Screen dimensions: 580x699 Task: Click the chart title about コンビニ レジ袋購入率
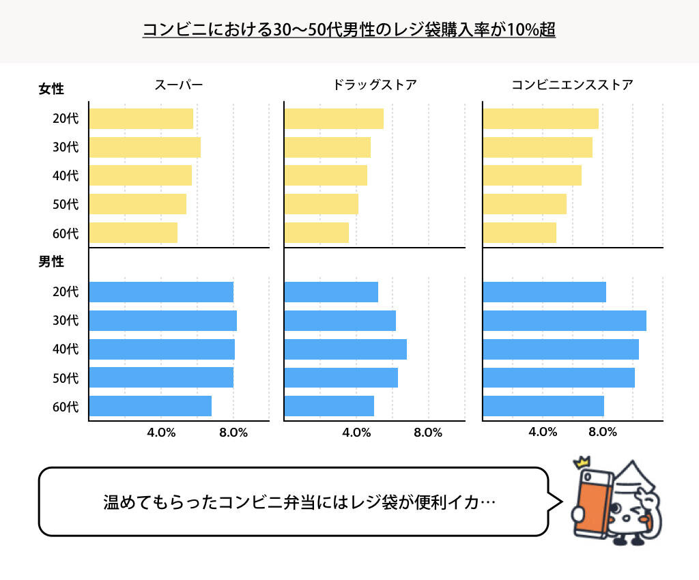click(x=349, y=31)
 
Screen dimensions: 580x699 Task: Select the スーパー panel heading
click(x=178, y=85)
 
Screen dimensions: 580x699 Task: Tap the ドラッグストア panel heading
click(x=374, y=85)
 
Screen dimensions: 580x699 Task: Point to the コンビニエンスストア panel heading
click(x=572, y=85)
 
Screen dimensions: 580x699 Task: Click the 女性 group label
click(x=51, y=89)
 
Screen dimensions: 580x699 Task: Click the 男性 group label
click(x=51, y=262)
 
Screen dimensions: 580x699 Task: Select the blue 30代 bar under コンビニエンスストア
click(x=564, y=321)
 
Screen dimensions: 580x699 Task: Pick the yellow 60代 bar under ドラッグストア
click(x=316, y=233)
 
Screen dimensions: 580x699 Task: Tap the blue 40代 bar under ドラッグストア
click(x=345, y=349)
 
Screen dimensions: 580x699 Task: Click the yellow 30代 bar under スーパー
click(x=145, y=147)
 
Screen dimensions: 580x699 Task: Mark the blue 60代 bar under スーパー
click(x=150, y=406)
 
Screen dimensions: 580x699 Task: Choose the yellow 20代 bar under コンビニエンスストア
click(x=541, y=119)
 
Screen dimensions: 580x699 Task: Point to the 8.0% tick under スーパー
click(x=233, y=433)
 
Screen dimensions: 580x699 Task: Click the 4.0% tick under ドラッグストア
click(x=356, y=433)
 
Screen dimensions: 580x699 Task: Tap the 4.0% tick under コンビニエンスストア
click(x=543, y=433)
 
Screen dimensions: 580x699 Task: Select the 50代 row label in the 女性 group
click(x=66, y=204)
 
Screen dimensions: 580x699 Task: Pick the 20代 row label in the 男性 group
click(x=66, y=292)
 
